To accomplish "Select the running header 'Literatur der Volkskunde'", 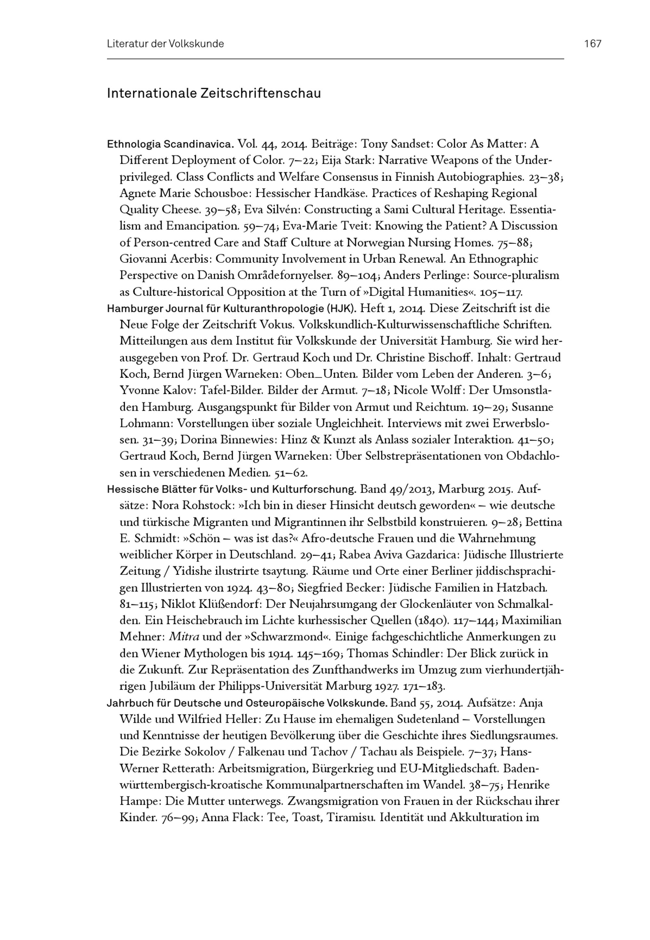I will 165,44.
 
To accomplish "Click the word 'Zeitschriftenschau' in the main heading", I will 260,93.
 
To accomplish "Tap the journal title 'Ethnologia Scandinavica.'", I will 170,144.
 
